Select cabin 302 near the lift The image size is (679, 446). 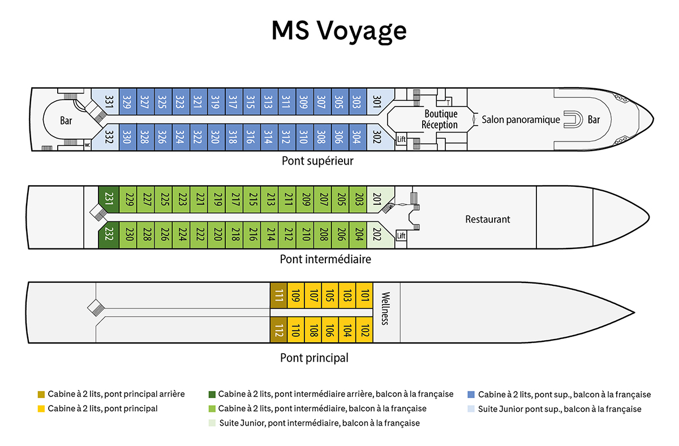pyautogui.click(x=379, y=137)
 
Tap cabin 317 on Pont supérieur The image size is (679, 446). pyautogui.click(x=234, y=101)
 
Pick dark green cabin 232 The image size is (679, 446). pyautogui.click(x=109, y=235)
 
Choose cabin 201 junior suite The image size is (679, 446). pyautogui.click(x=379, y=199)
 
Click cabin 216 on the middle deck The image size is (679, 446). pyautogui.click(x=252, y=235)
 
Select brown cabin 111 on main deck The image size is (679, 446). pyautogui.click(x=278, y=295)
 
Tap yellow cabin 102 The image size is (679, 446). pyautogui.click(x=364, y=330)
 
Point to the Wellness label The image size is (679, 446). pyautogui.click(x=385, y=308)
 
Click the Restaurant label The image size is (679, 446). pyautogui.click(x=487, y=219)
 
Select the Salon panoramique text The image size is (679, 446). pyautogui.click(x=521, y=119)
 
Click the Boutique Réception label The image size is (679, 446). pyautogui.click(x=440, y=119)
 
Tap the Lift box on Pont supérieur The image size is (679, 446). pyautogui.click(x=401, y=139)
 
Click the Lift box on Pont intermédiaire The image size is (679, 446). pyautogui.click(x=401, y=235)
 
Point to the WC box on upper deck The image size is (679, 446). pyautogui.click(x=87, y=145)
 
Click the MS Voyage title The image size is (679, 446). pyautogui.click(x=339, y=31)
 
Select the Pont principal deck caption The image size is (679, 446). pyautogui.click(x=315, y=358)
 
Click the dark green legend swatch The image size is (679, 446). pyautogui.click(x=212, y=394)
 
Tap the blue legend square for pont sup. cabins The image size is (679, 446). pyautogui.click(x=471, y=394)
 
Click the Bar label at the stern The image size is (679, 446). pyautogui.click(x=66, y=121)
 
